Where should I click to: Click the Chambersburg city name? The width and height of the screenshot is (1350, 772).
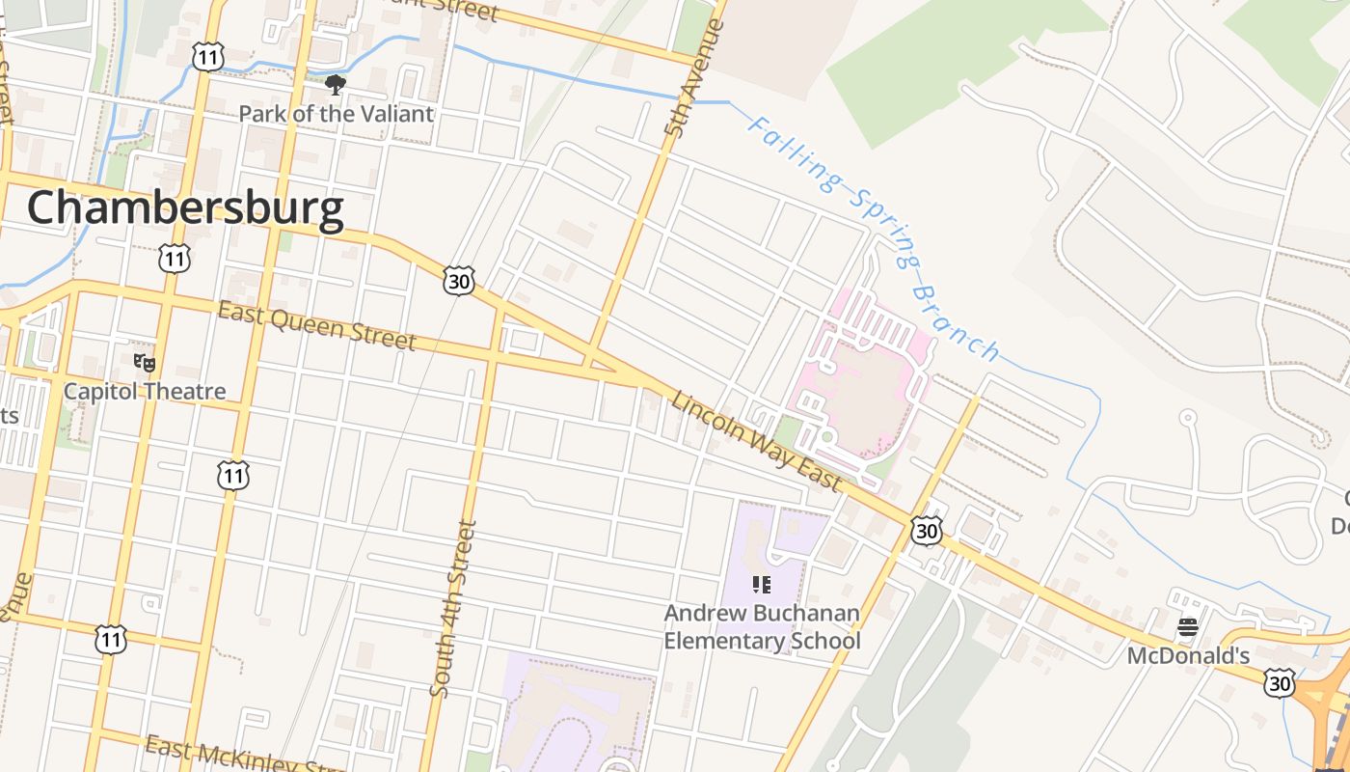pos(185,208)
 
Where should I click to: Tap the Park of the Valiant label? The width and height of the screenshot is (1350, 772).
pos(336,114)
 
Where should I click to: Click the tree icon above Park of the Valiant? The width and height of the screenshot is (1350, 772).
pos(336,85)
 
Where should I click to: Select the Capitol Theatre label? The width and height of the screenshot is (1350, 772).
pos(145,391)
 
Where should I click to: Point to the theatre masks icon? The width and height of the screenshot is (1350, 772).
pos(145,363)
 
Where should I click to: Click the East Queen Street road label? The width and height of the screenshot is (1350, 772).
pos(317,326)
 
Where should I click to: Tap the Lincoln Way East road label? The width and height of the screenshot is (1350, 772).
pos(757,441)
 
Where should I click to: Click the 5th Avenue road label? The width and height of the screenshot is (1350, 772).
pos(694,77)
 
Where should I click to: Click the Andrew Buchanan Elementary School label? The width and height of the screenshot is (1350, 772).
pos(762,626)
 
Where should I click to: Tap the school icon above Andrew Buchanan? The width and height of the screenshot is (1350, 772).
pos(762,585)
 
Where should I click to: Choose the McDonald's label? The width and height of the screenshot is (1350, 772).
pos(1189,656)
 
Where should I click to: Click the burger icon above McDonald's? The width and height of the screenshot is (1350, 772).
pos(1188,627)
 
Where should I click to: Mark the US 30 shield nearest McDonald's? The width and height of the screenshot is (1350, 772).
pos(1280,682)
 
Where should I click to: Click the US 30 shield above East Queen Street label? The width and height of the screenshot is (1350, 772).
pos(459,280)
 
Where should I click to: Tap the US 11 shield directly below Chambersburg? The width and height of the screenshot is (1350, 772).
pos(175,258)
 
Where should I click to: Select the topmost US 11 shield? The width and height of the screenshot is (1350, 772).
pos(206,57)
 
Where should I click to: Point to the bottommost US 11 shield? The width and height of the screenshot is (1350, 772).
pos(111,639)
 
